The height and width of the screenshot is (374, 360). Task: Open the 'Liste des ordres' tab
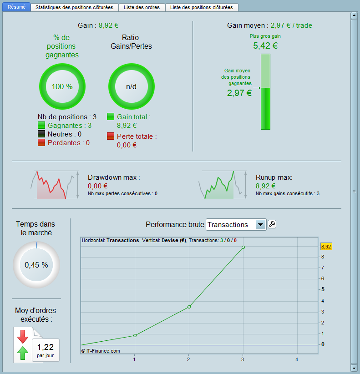click(x=142, y=7)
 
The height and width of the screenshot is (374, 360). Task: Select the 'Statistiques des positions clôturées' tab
click(x=74, y=7)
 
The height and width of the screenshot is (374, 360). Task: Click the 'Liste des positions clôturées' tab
click(x=201, y=7)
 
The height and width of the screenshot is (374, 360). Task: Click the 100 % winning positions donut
click(x=62, y=86)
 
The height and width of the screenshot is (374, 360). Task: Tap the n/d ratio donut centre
click(x=131, y=86)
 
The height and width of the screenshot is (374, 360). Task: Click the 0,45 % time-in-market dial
click(x=36, y=265)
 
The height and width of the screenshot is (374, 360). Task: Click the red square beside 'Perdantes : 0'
click(x=41, y=143)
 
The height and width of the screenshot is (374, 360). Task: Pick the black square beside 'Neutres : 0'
click(x=41, y=134)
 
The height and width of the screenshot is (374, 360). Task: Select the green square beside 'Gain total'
click(x=111, y=117)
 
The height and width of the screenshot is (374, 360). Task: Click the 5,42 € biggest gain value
click(x=265, y=45)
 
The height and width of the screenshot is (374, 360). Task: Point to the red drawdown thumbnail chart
click(x=52, y=185)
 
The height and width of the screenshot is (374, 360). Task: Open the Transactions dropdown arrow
click(x=260, y=224)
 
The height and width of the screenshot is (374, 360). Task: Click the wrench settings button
click(x=272, y=224)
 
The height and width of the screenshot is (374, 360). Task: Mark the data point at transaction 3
click(x=243, y=247)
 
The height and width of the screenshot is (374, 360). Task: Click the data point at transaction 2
click(x=189, y=307)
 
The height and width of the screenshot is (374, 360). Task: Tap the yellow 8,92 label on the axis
click(x=326, y=247)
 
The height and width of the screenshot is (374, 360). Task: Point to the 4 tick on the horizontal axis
click(x=297, y=359)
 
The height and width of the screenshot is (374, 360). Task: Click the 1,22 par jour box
click(x=46, y=349)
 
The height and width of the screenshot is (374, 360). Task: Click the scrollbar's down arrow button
click(x=354, y=367)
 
